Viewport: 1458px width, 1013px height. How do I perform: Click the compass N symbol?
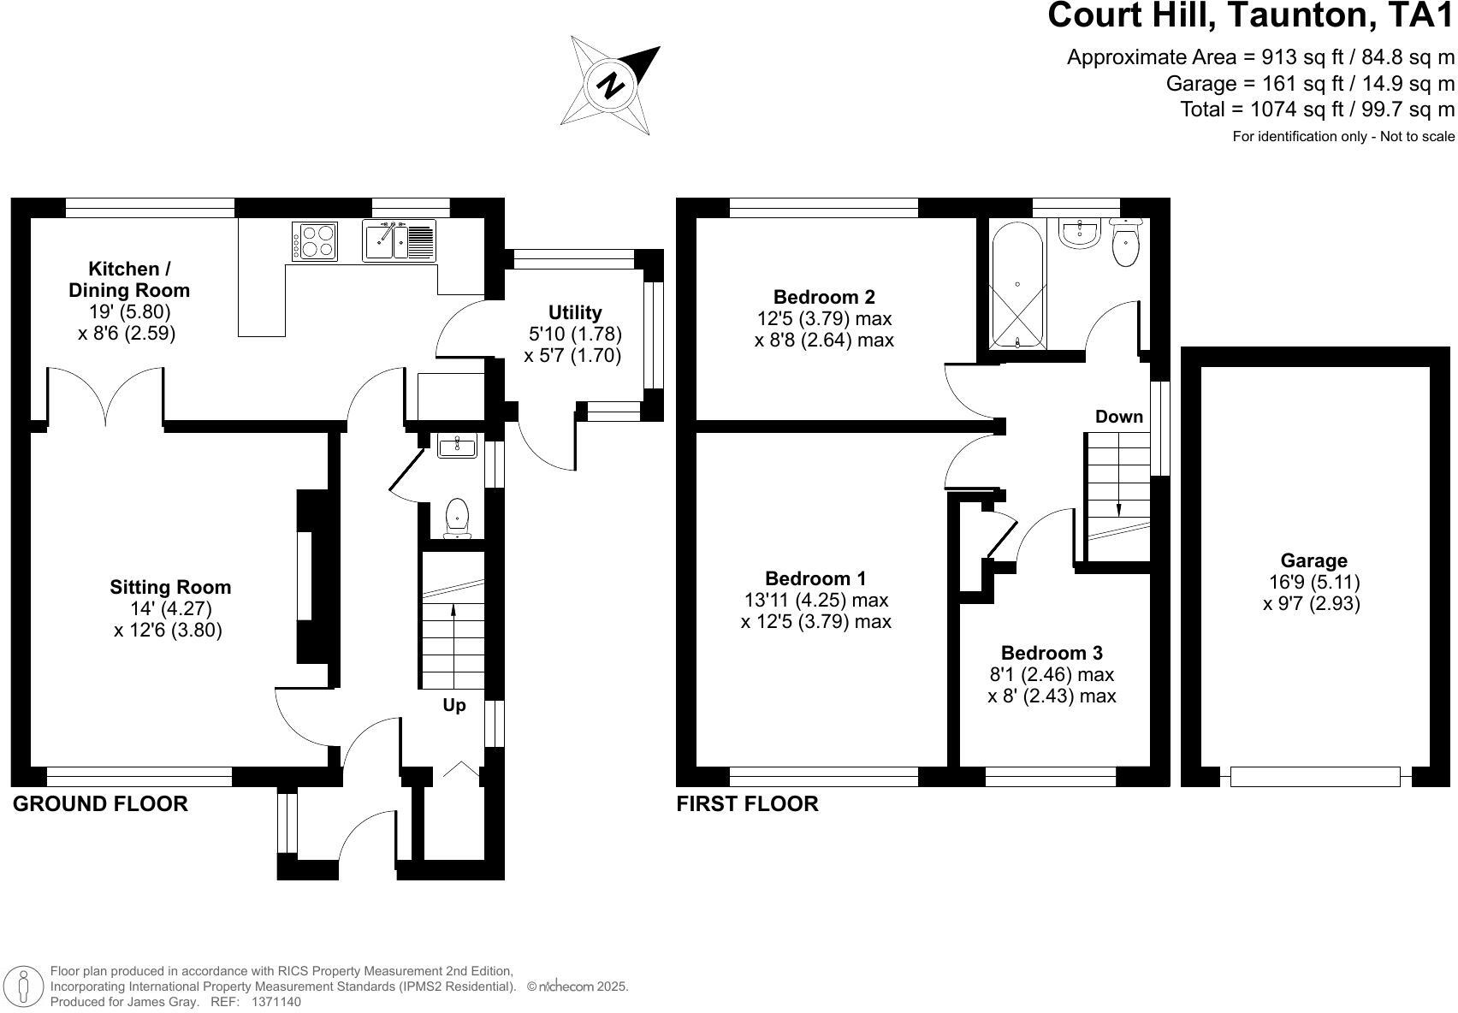coord(610,86)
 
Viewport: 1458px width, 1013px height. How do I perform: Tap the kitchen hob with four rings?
coord(315,240)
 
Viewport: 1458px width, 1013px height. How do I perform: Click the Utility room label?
coord(574,312)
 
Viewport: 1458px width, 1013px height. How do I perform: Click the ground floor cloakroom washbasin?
coord(457,446)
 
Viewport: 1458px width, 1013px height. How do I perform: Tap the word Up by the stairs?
coord(453,705)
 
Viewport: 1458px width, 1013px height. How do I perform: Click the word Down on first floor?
coord(1118,417)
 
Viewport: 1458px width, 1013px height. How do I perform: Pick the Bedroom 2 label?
coord(823,297)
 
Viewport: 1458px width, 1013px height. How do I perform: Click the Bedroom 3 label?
coord(1051,654)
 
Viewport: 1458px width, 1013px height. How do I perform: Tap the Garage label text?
coord(1313,560)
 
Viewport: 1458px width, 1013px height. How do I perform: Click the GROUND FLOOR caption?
coord(100,804)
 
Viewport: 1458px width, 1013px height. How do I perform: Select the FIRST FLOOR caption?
coord(747,804)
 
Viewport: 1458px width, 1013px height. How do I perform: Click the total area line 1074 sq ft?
coord(1317,110)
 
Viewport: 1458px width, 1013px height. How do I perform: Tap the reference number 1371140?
coord(276,1001)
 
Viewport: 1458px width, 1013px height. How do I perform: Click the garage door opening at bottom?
coord(1315,777)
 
